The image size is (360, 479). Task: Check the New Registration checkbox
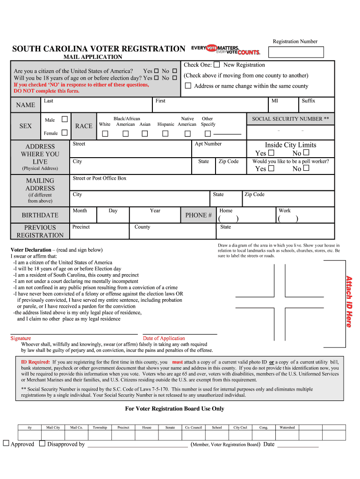pos(217,65)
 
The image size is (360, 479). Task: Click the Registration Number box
pos(298,51)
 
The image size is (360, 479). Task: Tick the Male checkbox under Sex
pos(65,120)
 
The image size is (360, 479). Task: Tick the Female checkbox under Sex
pos(65,133)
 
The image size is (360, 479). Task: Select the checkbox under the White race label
pos(105,134)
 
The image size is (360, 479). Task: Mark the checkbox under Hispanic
pos(165,134)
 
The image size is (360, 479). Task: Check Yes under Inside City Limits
pos(271,153)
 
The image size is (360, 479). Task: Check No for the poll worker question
pos(306,168)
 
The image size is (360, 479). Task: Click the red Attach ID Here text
pos(349,301)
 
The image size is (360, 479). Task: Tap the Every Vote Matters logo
pos(226,49)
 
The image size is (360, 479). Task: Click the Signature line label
pos(21,338)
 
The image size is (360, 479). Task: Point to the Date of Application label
pos(164,338)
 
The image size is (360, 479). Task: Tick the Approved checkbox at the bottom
pos(6,443)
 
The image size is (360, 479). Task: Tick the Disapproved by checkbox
pos(42,443)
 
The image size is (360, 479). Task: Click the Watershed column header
pos(287,428)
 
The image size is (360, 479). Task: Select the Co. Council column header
pos(194,428)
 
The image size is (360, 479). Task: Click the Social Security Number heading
pos(290,119)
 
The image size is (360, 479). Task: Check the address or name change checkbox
pos(188,86)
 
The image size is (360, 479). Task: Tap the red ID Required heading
pos(36,362)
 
